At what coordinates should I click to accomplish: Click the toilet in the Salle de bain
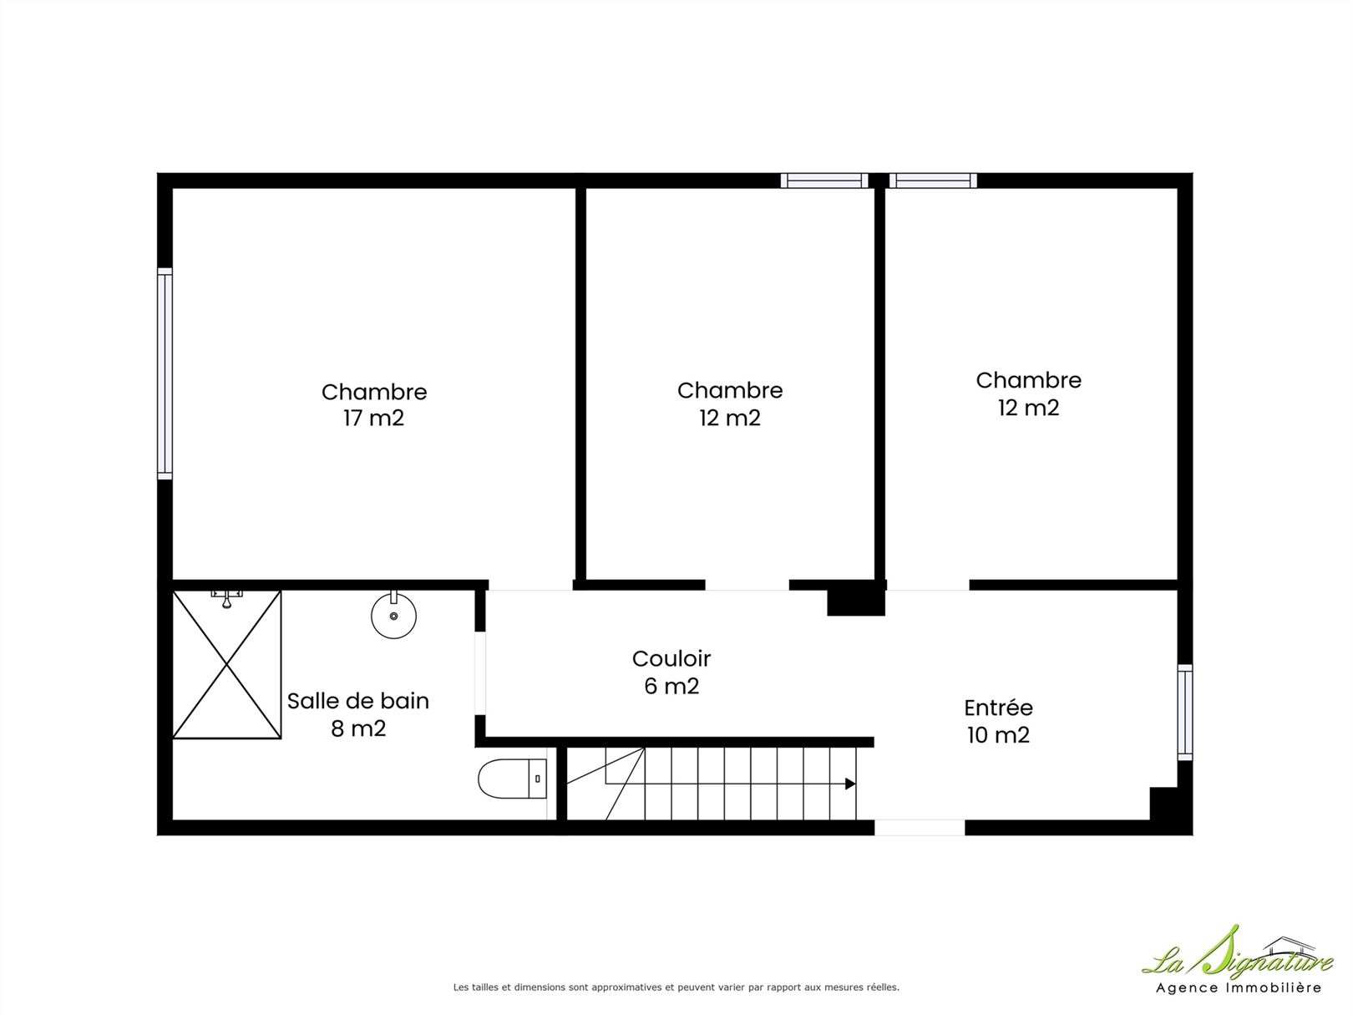coord(512,779)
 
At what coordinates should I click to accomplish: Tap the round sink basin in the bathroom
coord(393,614)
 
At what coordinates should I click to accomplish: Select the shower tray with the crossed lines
coord(227,664)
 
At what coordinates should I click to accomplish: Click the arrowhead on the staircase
coord(850,784)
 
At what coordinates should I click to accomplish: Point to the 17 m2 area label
coord(373,419)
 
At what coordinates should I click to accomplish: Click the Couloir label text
coord(671,659)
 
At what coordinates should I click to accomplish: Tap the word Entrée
coord(998,708)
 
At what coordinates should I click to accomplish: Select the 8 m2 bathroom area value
coord(358,728)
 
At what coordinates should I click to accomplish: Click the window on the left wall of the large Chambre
coord(165,373)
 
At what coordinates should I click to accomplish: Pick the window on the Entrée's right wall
coord(1185,713)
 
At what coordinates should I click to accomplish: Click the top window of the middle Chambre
coord(824,180)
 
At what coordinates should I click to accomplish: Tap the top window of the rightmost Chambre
coord(933,180)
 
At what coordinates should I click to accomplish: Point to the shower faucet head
coord(227,599)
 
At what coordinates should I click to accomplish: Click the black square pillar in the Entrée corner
coord(1163,804)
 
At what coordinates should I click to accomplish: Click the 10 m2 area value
coord(998,734)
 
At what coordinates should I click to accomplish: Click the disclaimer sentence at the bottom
coord(676,987)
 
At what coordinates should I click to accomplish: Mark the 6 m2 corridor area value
coord(671,686)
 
